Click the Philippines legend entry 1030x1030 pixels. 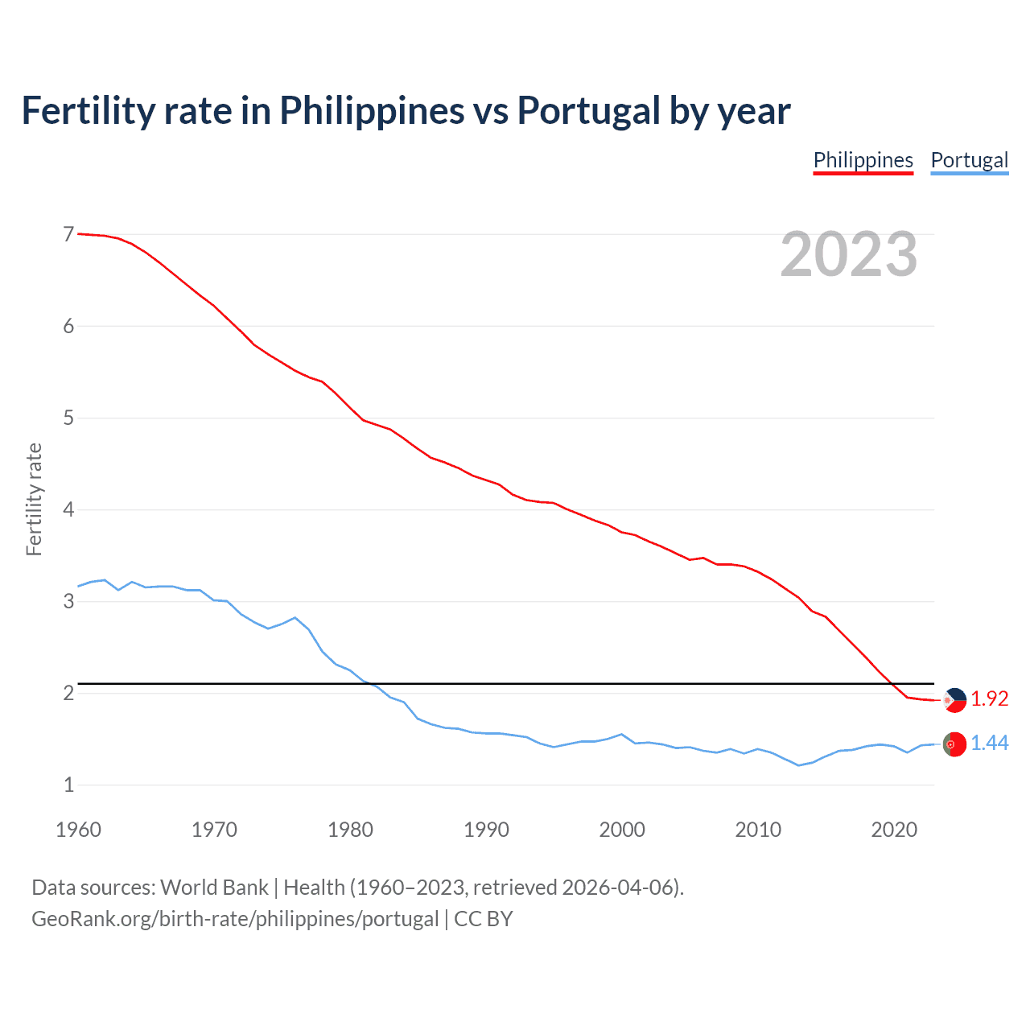point(863,160)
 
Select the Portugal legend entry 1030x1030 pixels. point(969,160)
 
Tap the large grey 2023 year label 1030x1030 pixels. point(848,254)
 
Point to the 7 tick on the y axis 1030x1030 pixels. point(68,234)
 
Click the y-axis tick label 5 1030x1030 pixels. point(68,418)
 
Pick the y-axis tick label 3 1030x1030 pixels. point(68,601)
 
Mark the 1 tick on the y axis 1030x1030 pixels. point(68,785)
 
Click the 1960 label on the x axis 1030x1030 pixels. point(78,830)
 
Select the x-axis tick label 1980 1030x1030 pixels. point(350,830)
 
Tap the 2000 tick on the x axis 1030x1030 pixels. point(622,830)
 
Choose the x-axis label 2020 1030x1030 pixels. point(894,830)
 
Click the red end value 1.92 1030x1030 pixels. point(989,699)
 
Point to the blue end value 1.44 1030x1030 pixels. point(989,744)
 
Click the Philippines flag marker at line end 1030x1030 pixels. point(954,700)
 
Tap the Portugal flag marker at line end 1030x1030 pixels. point(954,744)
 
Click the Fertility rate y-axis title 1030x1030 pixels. point(34,499)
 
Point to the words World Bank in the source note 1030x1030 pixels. point(214,888)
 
